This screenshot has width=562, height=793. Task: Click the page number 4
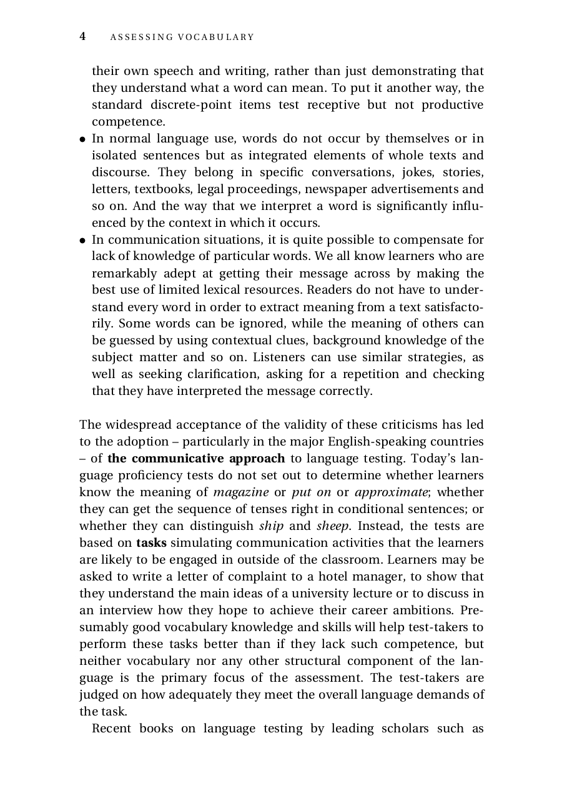click(x=82, y=37)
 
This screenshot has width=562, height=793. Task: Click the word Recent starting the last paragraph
click(x=111, y=729)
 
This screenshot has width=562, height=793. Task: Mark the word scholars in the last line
click(x=405, y=729)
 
